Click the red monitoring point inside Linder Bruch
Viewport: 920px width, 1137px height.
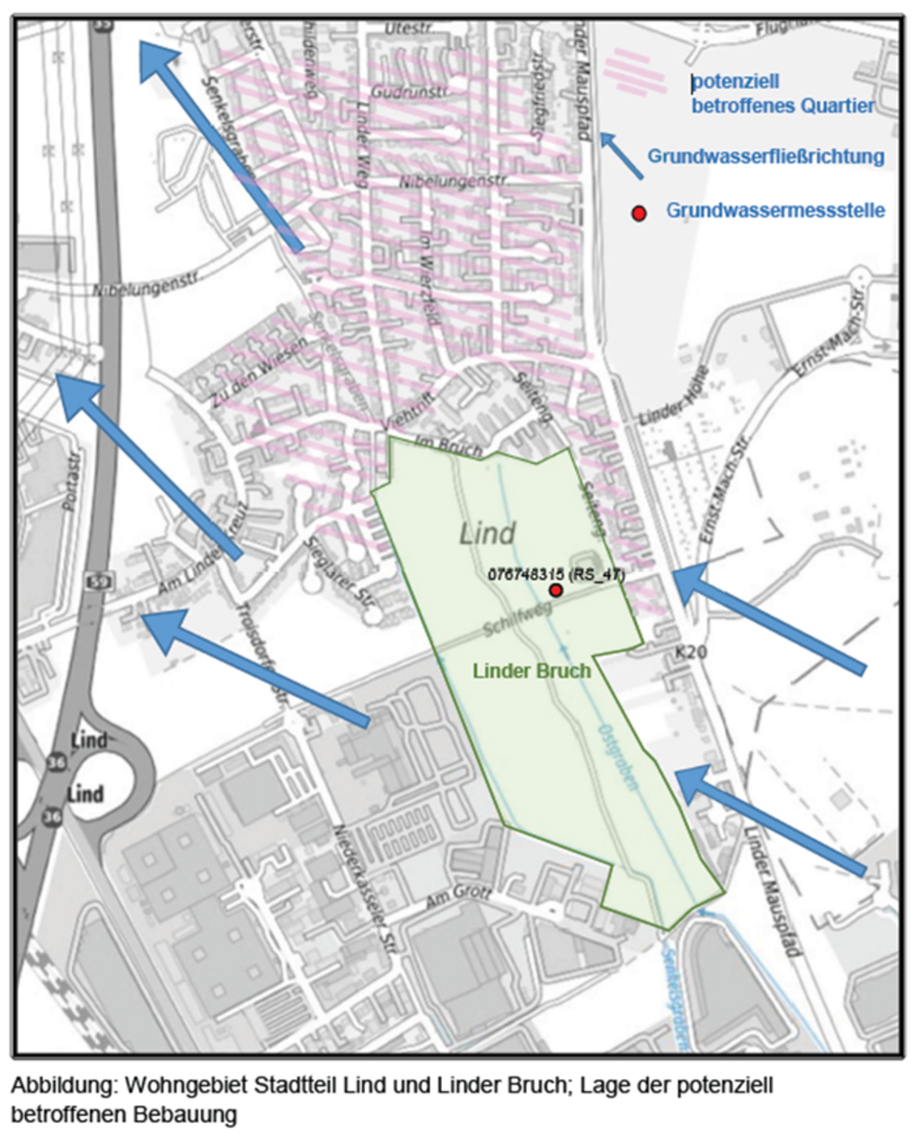[556, 590]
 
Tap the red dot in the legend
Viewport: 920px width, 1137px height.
[639, 213]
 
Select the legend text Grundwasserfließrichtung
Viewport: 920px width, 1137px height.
[765, 156]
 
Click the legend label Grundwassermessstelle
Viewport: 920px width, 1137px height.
[774, 210]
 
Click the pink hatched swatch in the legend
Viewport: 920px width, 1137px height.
[641, 71]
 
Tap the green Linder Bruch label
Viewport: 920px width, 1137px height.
[531, 671]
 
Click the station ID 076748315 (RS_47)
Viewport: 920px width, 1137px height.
[555, 573]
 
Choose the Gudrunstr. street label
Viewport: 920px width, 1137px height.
[409, 93]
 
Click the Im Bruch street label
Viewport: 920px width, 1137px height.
[448, 446]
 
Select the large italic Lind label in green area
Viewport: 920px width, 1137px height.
[487, 534]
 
